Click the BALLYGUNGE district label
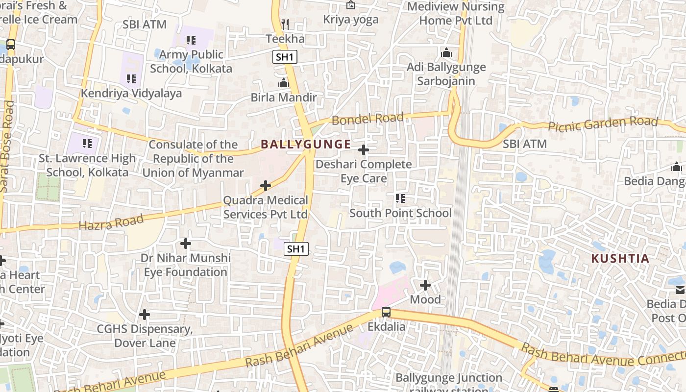[306, 144]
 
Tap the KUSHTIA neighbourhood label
[620, 259]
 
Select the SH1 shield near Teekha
[285, 57]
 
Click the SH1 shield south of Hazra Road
[296, 249]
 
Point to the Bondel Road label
[368, 119]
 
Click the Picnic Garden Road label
[603, 124]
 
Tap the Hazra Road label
[111, 222]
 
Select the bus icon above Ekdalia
[386, 312]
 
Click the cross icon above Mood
[425, 285]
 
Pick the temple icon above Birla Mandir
[284, 83]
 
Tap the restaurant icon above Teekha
[285, 24]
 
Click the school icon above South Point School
[400, 198]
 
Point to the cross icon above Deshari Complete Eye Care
[364, 149]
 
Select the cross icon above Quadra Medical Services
[266, 186]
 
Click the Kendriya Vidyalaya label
[131, 93]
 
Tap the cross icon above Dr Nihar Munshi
[186, 243]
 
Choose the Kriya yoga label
[351, 20]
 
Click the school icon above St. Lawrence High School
[87, 144]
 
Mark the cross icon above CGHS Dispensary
[145, 314]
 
